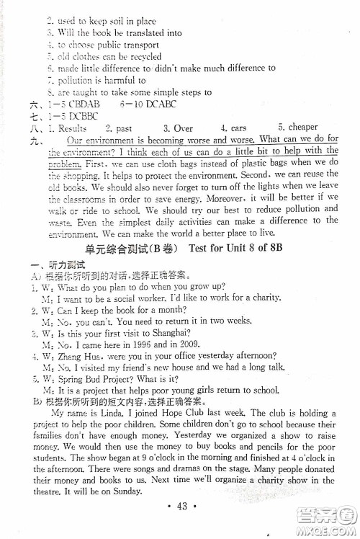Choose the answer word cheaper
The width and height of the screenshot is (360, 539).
(x=298, y=128)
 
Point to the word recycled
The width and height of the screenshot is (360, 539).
(x=141, y=57)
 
